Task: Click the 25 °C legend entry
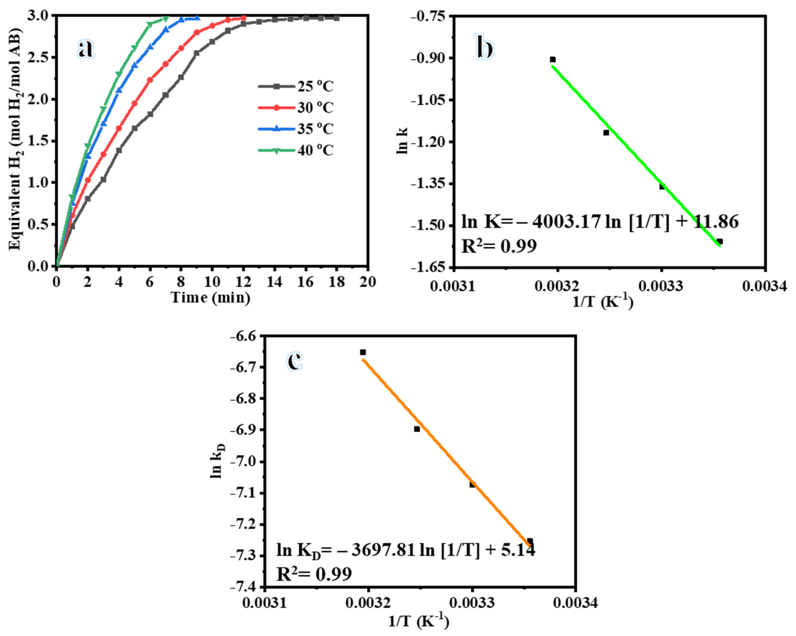coord(295,86)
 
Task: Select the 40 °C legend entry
coord(295,150)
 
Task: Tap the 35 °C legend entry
coord(295,129)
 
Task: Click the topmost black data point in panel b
coord(553,59)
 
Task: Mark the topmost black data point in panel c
coord(363,352)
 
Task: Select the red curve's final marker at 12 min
coord(243,18)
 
